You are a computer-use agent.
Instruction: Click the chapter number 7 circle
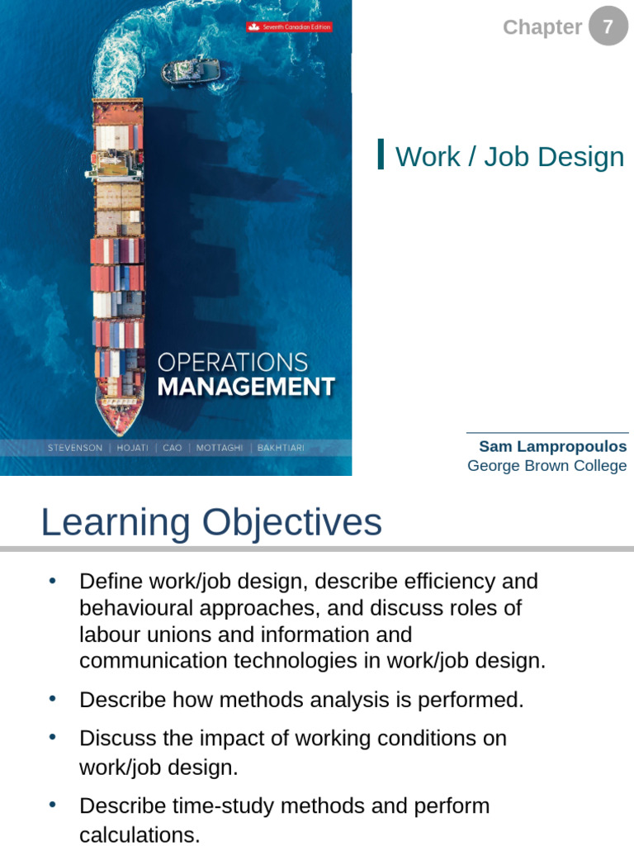point(608,26)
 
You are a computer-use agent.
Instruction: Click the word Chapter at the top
point(542,27)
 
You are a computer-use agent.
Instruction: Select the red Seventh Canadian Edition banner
point(289,27)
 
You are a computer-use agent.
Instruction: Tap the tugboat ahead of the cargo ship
point(191,70)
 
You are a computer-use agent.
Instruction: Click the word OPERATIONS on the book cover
point(232,362)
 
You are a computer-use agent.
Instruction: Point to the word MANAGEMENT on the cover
point(245,387)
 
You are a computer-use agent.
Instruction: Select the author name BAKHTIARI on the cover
point(282,448)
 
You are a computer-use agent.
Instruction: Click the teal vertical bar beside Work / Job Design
point(381,154)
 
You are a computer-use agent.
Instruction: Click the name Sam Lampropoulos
point(552,446)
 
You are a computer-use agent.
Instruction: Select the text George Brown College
point(546,466)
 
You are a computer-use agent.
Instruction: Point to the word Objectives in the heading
point(291,522)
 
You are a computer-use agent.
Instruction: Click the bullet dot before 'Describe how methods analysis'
point(53,699)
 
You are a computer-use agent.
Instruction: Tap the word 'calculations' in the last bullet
point(139,835)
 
